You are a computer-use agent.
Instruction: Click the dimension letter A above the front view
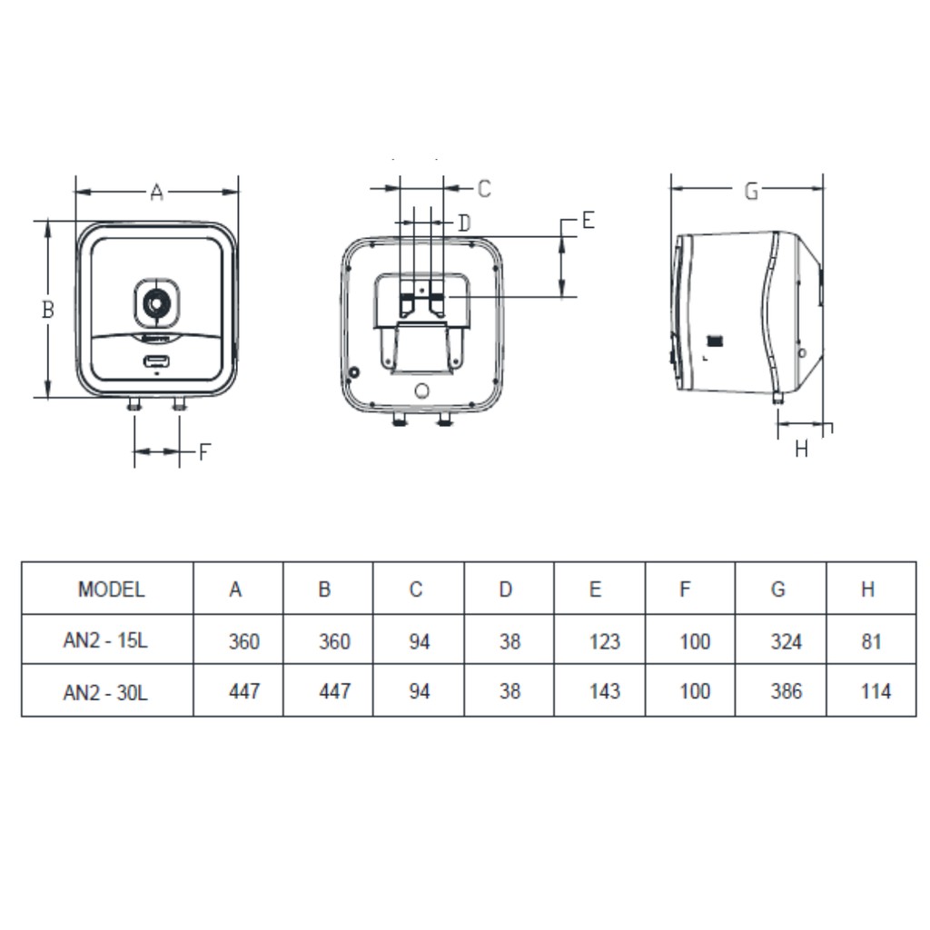tap(156, 193)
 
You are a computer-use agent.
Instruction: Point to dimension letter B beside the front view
tap(48, 309)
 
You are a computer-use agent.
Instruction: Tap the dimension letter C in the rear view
tap(484, 189)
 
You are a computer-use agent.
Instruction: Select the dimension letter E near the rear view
tap(588, 220)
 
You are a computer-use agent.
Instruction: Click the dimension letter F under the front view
tap(204, 452)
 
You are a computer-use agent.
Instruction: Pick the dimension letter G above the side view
tap(751, 192)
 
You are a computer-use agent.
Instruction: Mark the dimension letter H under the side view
tap(801, 449)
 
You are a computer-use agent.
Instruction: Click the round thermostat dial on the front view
tap(156, 304)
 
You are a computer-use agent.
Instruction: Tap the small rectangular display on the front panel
tap(156, 361)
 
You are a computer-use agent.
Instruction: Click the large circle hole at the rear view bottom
tap(422, 391)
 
